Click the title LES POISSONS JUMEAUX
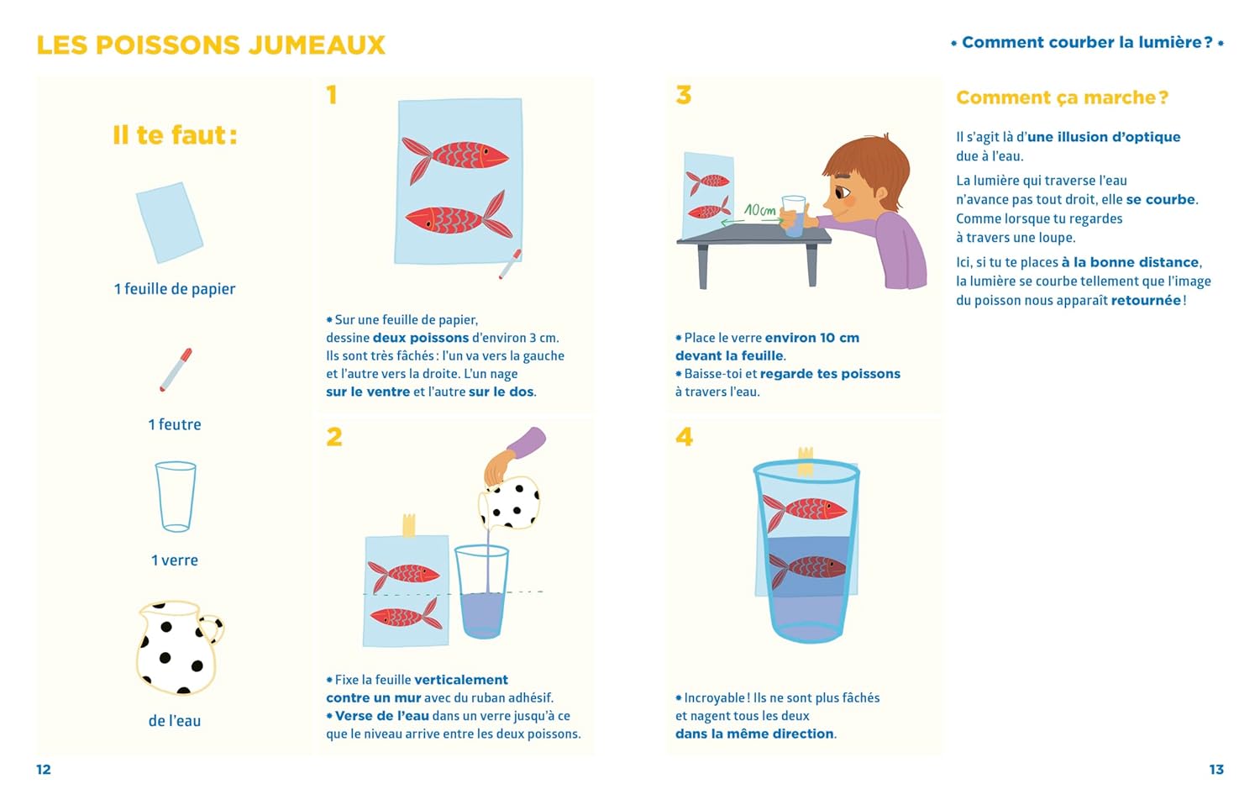pyautogui.click(x=211, y=45)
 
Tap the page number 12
pyautogui.click(x=44, y=770)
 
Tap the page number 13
pyautogui.click(x=1216, y=770)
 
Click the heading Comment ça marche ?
pyautogui.click(x=1062, y=97)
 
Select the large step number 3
pyautogui.click(x=684, y=95)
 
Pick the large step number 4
pyautogui.click(x=684, y=436)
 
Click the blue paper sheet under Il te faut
pyautogui.click(x=170, y=223)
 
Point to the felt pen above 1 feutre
pyautogui.click(x=176, y=370)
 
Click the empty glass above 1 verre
pyautogui.click(x=176, y=497)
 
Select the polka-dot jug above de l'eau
pyautogui.click(x=177, y=648)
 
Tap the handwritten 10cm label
pyautogui.click(x=759, y=210)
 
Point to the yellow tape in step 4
pyautogui.click(x=806, y=461)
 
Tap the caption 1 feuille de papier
pyautogui.click(x=175, y=289)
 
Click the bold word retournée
pyautogui.click(x=1146, y=300)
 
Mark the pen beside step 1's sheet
pyautogui.click(x=510, y=265)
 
